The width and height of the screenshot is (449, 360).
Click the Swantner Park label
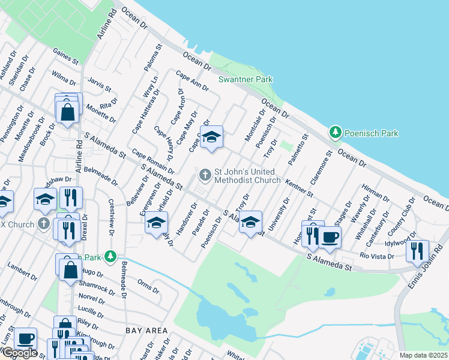[245, 79]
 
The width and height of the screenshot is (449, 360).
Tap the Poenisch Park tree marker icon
[336, 131]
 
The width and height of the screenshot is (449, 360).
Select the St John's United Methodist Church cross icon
[205, 175]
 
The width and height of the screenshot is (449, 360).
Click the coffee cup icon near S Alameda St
[329, 237]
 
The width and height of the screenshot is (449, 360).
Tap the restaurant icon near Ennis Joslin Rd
[417, 250]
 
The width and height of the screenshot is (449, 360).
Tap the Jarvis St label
[100, 85]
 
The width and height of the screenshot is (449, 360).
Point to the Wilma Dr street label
[64, 78]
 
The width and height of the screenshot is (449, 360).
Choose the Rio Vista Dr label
[376, 256]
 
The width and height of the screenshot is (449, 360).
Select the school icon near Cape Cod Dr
[211, 137]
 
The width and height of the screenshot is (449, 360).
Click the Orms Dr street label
[147, 286]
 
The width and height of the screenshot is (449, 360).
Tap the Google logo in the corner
[19, 353]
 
